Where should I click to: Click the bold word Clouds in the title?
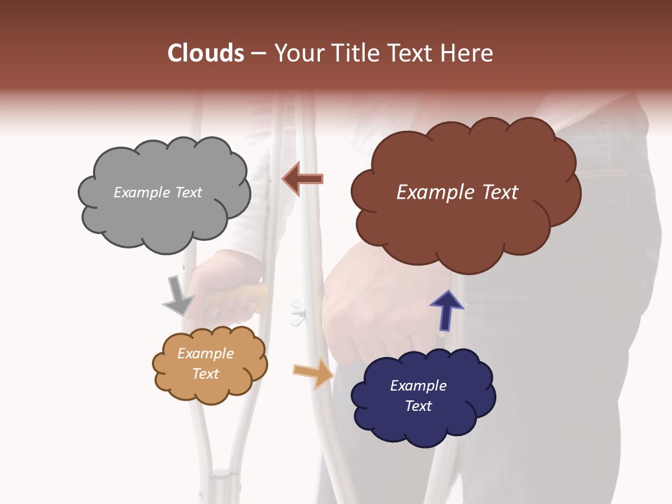click(x=206, y=53)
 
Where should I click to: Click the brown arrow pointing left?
click(x=303, y=180)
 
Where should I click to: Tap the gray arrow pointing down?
click(x=178, y=295)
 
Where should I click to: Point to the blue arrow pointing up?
click(x=446, y=310)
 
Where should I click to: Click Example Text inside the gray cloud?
click(x=157, y=192)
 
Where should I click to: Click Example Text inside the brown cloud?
click(x=457, y=192)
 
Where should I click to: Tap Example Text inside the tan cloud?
click(x=205, y=364)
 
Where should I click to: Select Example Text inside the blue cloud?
click(x=418, y=396)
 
